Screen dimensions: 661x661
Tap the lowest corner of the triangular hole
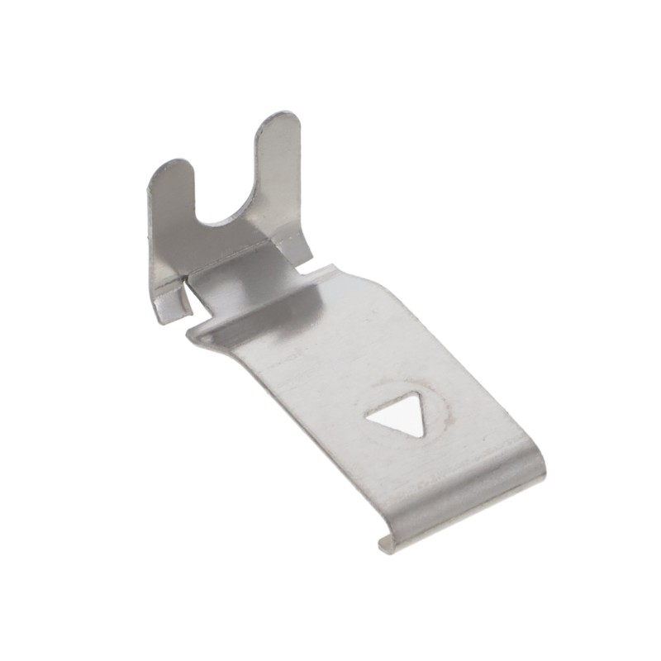click(x=421, y=436)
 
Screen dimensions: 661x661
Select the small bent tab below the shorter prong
click(x=172, y=304)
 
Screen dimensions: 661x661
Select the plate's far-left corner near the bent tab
click(x=192, y=334)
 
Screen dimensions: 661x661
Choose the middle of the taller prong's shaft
click(x=277, y=174)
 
